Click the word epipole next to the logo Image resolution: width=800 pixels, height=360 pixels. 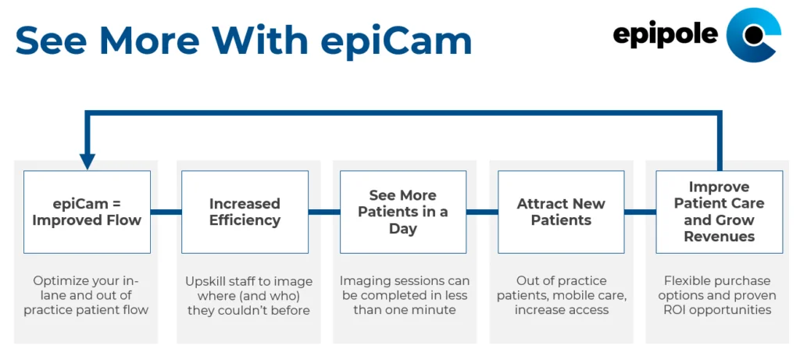coord(666,34)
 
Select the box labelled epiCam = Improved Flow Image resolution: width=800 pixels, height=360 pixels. coord(87,212)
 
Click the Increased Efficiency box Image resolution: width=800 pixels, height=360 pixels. coord(245,212)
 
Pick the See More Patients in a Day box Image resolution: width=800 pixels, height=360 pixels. coord(403,212)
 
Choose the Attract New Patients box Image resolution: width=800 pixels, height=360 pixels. coord(561,212)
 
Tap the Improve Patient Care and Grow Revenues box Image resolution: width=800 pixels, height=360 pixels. coord(720,212)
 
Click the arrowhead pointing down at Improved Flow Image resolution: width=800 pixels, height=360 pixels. coord(87,162)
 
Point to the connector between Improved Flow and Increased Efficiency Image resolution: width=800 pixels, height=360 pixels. coord(166,212)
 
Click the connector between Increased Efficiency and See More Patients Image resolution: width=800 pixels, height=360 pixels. coord(324,212)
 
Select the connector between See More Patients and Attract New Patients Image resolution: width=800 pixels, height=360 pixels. coord(482,212)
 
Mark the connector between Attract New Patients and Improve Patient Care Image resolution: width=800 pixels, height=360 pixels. coord(641,212)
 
